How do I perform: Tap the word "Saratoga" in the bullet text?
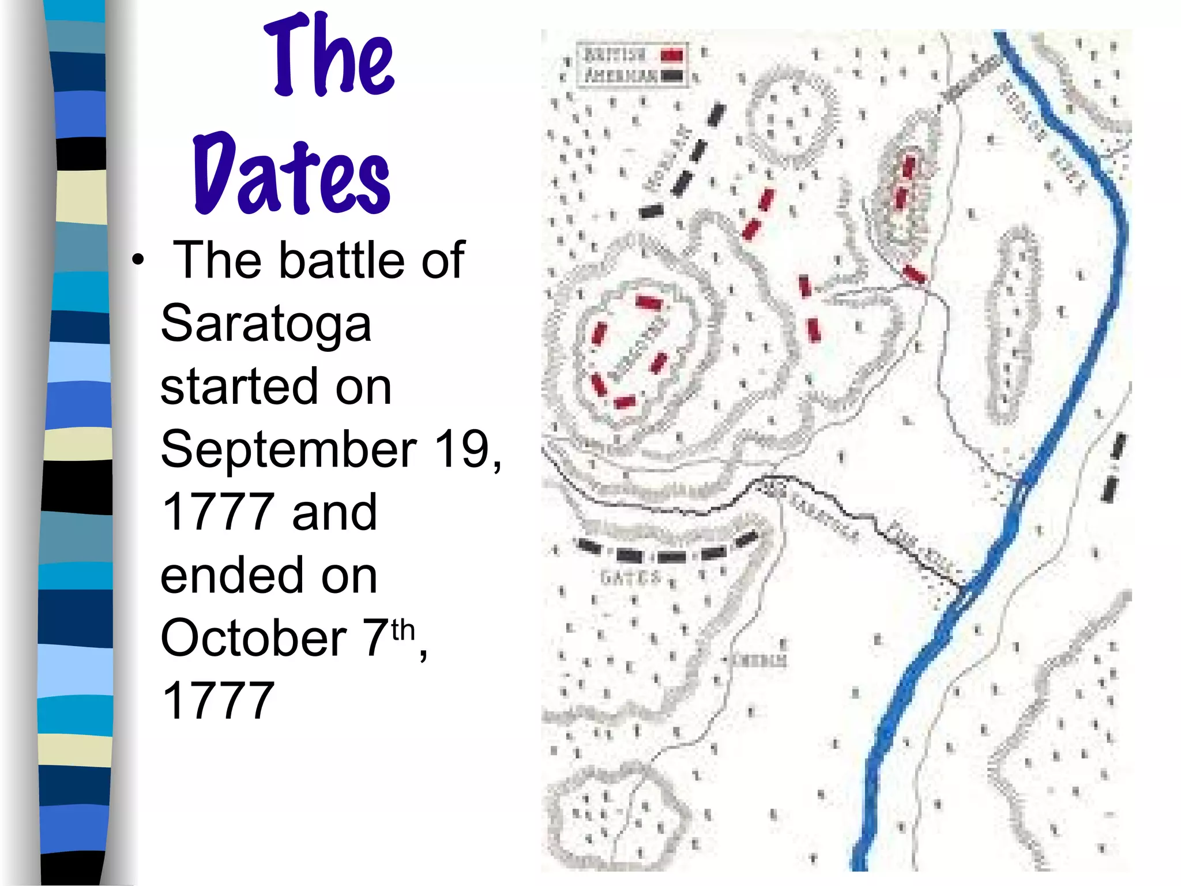[x=266, y=324]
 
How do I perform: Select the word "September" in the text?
[x=288, y=449]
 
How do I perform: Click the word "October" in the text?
[x=253, y=638]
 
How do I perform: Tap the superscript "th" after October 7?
[x=403, y=629]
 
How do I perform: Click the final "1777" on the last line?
[x=218, y=700]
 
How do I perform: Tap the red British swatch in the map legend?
[x=672, y=55]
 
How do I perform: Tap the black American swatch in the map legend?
[x=672, y=76]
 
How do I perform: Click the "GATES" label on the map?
[x=630, y=577]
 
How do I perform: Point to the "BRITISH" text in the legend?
[x=615, y=55]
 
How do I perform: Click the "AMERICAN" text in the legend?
[x=620, y=76]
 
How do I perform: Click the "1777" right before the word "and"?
[x=218, y=512]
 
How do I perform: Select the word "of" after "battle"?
[x=442, y=260]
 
